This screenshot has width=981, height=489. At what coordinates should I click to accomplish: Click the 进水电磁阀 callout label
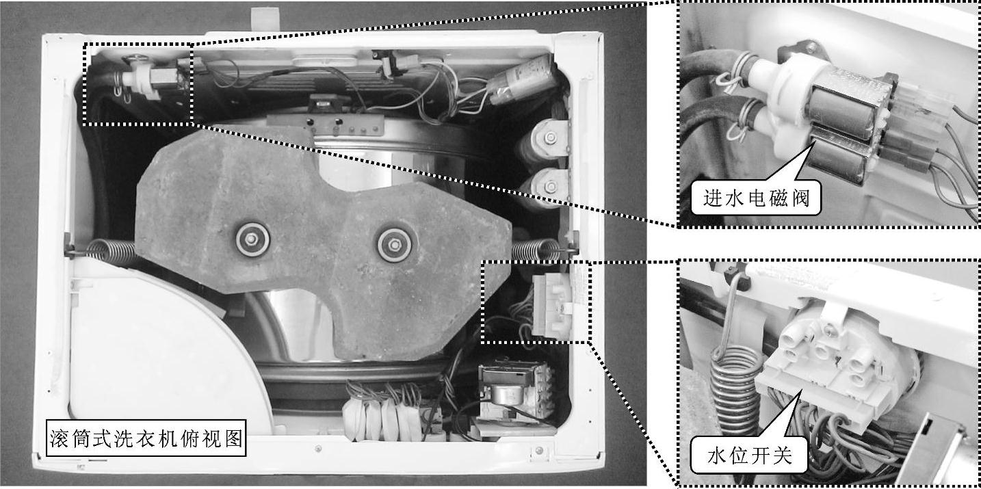pos(755,198)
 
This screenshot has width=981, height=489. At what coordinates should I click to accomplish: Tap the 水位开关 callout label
pos(749,455)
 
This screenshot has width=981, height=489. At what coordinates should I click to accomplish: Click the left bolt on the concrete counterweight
pos(252,239)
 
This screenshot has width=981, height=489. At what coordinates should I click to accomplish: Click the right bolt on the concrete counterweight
pos(394,245)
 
